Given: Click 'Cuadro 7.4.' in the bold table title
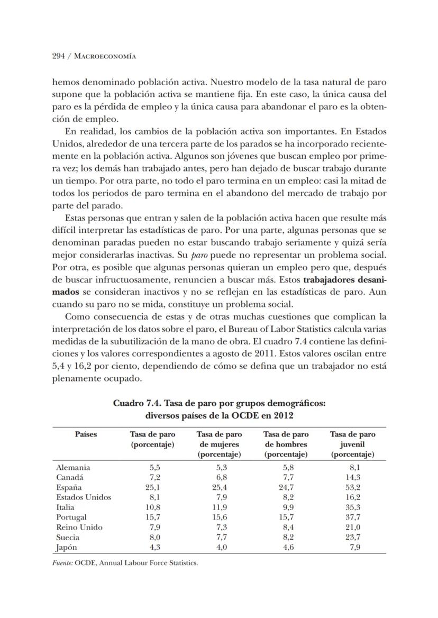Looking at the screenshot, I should coord(135,403).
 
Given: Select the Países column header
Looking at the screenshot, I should coord(86,434).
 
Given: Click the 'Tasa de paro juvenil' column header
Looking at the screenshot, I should coord(353,444).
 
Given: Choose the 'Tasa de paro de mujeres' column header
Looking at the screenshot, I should coord(219,444).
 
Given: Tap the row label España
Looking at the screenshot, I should coord(69,487).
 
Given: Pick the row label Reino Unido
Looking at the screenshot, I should coord(79,527).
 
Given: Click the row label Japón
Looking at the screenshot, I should coord(67,547).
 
